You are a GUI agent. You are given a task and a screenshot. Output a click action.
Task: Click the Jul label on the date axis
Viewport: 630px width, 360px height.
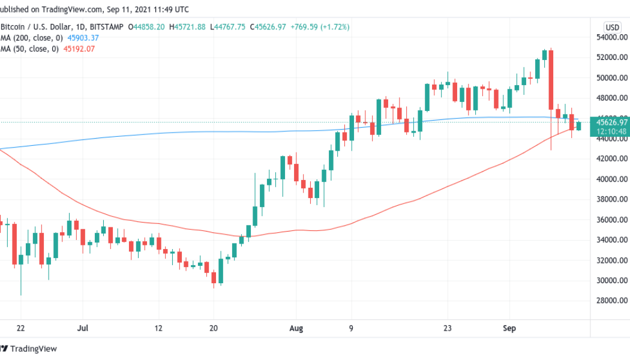tap(83, 329)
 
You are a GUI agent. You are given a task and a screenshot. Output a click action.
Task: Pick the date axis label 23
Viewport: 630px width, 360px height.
tap(447, 329)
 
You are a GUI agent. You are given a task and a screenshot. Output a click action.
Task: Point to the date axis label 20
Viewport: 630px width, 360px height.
tap(214, 329)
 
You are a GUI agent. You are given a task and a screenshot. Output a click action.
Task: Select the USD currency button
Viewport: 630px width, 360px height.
tap(613, 27)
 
